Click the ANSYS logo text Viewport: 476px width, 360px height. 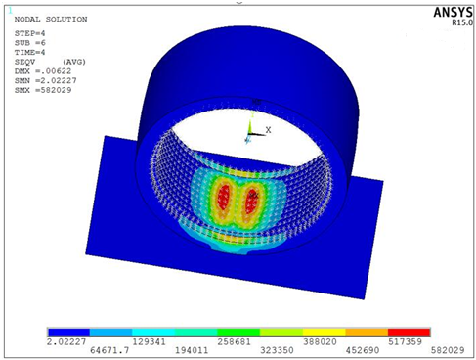point(453,13)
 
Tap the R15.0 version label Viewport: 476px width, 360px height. point(461,22)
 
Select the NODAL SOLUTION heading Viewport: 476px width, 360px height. point(51,20)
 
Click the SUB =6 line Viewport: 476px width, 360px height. point(29,43)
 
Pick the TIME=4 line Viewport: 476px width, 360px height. point(29,52)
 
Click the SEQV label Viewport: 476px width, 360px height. point(24,62)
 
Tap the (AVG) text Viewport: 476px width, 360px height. point(74,62)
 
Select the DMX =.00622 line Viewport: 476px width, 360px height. point(43,71)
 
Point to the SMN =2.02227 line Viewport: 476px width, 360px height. point(45,80)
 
